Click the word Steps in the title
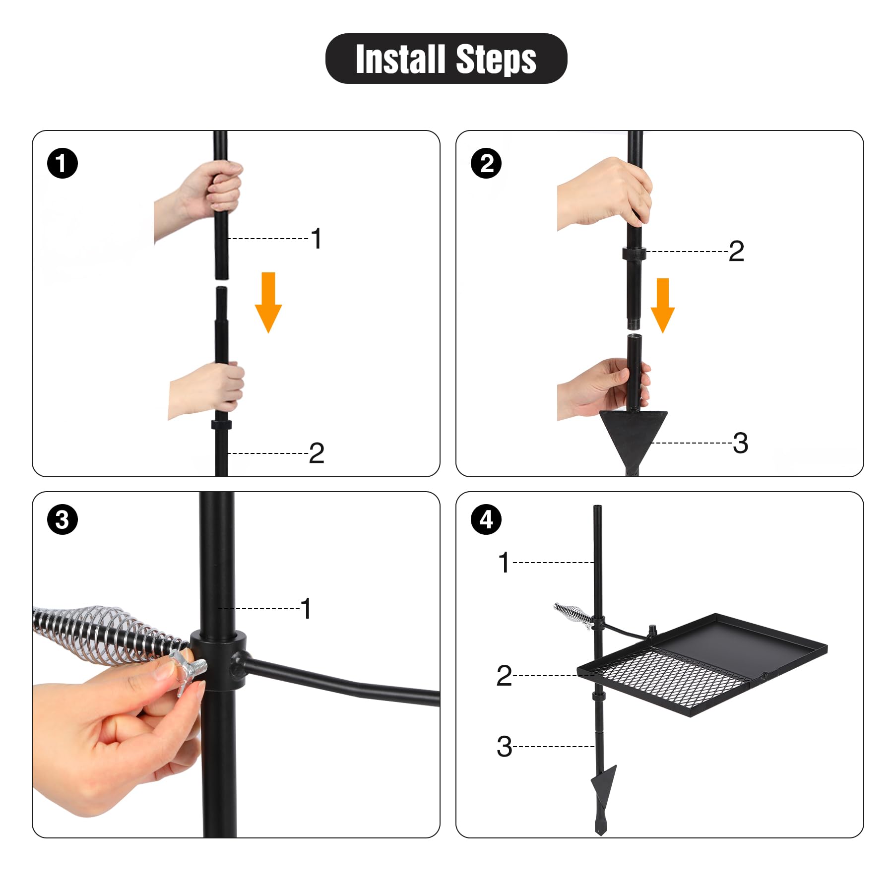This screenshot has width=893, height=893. pos(496,60)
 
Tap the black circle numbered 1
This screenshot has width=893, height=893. pos(63,163)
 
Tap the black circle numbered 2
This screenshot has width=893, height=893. pos(486,163)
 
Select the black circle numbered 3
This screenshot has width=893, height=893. pos(63,519)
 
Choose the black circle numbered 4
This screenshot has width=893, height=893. pos(486,519)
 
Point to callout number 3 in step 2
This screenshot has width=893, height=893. pos(740,443)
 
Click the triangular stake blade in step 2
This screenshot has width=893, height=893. pos(633,432)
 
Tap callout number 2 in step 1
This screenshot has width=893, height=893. pos(317,453)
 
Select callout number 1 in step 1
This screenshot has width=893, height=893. pos(317,239)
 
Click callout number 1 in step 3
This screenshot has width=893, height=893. pos(306,608)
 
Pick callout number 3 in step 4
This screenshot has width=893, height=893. pos(504,747)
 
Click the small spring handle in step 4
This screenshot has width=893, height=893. pos(571,614)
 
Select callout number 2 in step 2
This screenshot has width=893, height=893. pos(736,251)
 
